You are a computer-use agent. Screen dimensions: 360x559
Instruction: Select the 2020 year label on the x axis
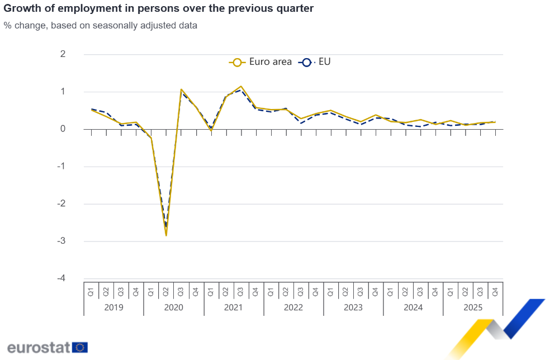[173, 307]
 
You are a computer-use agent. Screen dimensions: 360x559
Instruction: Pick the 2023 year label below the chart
[353, 307]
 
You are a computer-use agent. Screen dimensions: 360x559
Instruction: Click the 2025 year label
[473, 307]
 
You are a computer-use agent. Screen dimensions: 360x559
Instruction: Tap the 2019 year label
[113, 307]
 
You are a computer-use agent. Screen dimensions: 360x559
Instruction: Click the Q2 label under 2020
[166, 291]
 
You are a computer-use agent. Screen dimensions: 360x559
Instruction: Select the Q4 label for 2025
[495, 291]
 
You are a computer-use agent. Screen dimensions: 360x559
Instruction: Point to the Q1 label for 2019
[91, 291]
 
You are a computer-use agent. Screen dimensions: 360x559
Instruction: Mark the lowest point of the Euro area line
[166, 235]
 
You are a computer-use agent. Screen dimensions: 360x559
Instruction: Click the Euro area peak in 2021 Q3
[241, 87]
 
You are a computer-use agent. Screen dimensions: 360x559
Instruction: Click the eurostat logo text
[39, 347]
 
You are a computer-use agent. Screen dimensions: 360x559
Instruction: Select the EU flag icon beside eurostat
[80, 347]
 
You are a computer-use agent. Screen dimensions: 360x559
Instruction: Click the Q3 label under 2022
[301, 291]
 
